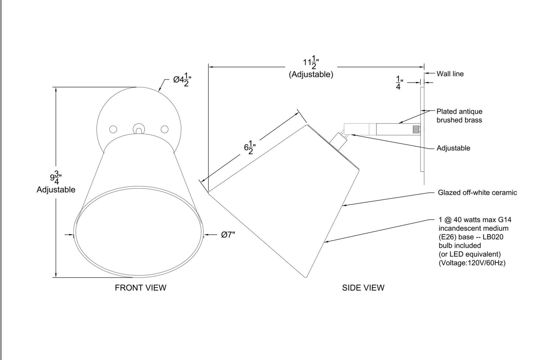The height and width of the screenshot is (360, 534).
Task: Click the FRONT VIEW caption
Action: tap(140, 288)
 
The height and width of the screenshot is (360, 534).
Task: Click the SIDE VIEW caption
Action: tap(363, 288)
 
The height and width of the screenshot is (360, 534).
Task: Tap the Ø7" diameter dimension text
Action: tap(228, 235)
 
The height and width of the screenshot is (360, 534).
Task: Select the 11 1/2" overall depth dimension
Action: tap(311, 62)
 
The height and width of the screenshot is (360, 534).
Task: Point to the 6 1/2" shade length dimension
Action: tap(250, 147)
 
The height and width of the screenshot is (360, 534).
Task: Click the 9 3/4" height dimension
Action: tap(56, 178)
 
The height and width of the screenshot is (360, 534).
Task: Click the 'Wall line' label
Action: tap(450, 74)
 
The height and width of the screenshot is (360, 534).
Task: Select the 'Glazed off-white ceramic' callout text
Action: tap(477, 193)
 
